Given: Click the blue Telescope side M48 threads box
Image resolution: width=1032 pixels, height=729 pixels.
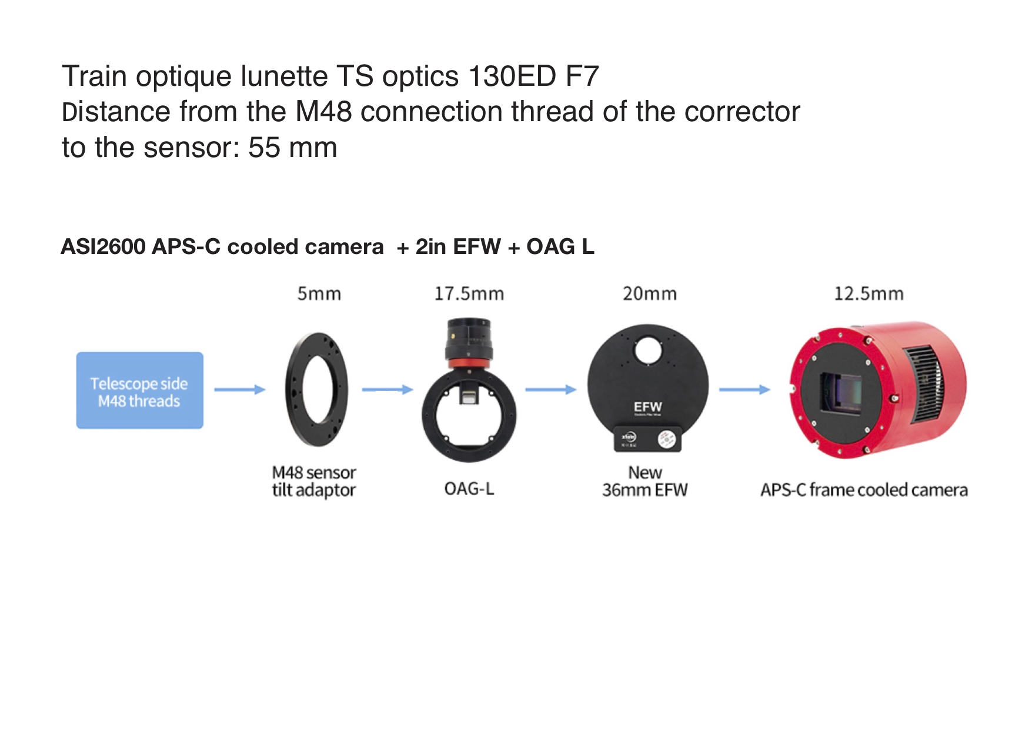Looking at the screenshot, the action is [x=140, y=390].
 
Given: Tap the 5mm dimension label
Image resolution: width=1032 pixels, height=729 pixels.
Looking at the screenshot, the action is [x=319, y=293].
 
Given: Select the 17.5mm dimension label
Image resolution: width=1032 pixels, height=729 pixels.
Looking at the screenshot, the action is [x=469, y=293].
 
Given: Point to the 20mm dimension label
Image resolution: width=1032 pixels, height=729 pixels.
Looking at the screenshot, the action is [x=650, y=293].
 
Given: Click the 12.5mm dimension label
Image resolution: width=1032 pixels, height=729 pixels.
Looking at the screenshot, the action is [x=869, y=293].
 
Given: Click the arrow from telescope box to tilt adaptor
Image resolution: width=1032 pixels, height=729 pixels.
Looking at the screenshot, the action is [x=240, y=389].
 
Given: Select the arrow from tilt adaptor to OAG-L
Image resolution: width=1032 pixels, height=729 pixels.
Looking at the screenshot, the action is [x=388, y=389].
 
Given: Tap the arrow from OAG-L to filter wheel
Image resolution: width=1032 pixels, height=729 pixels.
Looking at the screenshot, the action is [x=551, y=389].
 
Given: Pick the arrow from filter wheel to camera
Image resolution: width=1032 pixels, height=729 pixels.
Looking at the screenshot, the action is [x=744, y=389].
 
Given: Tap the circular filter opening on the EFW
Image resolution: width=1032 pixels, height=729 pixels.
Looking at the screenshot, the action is [x=649, y=350].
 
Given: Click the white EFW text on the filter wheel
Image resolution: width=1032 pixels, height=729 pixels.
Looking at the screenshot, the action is [x=648, y=407].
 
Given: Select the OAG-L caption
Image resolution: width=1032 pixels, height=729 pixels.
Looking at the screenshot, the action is [x=469, y=489].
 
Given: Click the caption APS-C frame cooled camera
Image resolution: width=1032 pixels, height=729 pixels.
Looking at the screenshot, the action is [x=864, y=490].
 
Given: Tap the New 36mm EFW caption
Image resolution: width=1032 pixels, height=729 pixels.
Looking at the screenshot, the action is [x=645, y=481].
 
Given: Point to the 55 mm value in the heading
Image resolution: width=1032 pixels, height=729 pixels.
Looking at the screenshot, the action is [x=293, y=148].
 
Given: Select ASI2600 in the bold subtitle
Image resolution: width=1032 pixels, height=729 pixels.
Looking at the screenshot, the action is [x=103, y=247].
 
